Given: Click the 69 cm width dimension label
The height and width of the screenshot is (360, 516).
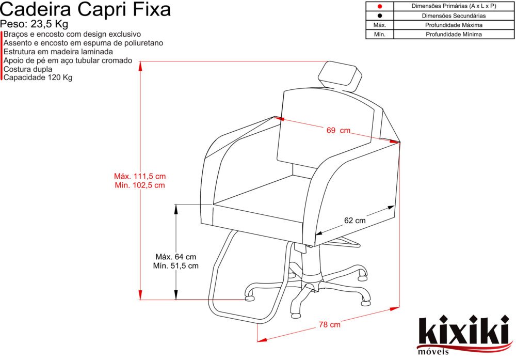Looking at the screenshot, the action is pos(338,131).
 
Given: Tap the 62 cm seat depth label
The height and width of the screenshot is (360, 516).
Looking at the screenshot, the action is pos(355,221).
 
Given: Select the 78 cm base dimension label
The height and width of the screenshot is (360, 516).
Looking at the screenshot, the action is pos(329,325).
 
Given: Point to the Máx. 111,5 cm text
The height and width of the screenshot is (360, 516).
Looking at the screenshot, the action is pos(140,176).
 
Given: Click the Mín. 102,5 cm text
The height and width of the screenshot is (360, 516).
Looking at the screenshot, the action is pos(140,185).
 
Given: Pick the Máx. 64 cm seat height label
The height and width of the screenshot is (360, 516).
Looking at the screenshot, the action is pos(176,257).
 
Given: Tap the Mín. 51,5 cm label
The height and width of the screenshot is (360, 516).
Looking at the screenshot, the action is pos(176,265).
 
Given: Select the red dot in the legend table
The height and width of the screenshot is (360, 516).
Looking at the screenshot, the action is pos(380,6).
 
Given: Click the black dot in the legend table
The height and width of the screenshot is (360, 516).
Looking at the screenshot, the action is pos(380,15).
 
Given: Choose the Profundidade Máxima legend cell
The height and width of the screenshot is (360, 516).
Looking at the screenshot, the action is pos(454,25).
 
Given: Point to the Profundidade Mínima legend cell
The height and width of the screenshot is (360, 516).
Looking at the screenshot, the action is pos(454,34).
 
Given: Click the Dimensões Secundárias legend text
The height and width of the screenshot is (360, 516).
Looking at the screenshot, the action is pos(454,15).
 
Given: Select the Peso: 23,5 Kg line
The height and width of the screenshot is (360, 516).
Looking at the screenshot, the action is pos(34,24).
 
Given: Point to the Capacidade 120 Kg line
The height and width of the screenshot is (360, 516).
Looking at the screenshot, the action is pos(38,77).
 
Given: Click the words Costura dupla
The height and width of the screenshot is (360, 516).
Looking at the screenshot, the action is pos(28,69).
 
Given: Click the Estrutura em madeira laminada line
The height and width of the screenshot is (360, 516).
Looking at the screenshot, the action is pos(58,52).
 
